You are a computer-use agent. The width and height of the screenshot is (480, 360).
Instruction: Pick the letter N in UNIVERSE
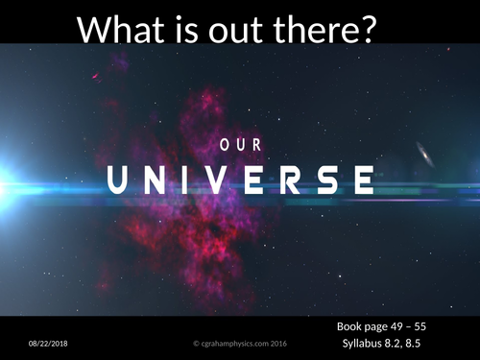click(156, 180)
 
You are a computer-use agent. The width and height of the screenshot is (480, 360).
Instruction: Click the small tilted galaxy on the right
click(424, 154)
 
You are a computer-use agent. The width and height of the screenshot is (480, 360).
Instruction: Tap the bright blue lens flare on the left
click(8, 179)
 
